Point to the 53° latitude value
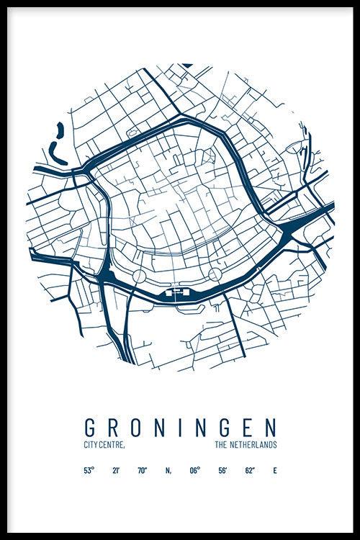89,471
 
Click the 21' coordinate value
116,471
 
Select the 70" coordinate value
143,471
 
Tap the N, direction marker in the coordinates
168,471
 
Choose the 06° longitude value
195,471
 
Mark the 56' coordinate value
223,471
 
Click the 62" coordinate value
249,471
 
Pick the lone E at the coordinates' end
274,471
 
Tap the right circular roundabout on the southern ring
214,274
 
